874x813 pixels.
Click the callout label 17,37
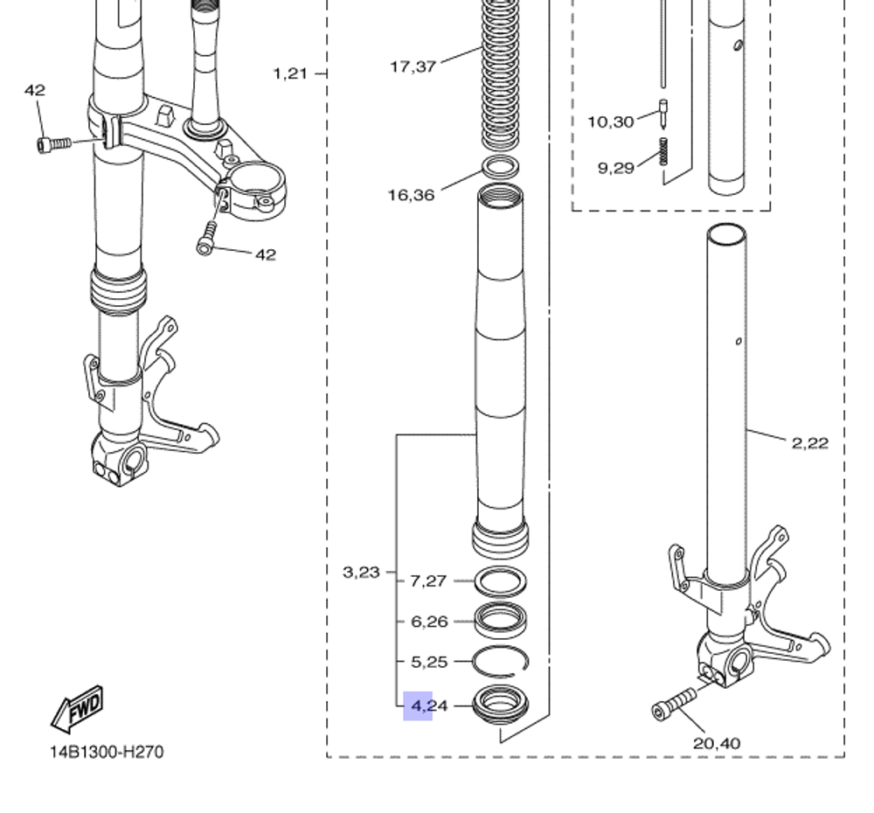point(413,66)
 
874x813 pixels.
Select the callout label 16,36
point(411,195)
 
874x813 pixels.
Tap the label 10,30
point(610,122)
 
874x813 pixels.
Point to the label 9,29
point(616,168)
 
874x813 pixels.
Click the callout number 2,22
point(809,443)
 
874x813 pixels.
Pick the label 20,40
point(716,744)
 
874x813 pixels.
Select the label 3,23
point(361,573)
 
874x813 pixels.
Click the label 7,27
point(429,580)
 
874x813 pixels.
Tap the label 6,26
point(429,622)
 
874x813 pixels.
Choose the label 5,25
point(429,663)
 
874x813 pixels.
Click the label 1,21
point(291,73)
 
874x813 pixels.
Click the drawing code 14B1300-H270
point(106,752)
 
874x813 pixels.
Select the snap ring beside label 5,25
point(501,661)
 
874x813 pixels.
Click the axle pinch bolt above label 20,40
point(674,704)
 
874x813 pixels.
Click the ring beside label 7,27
point(500,580)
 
